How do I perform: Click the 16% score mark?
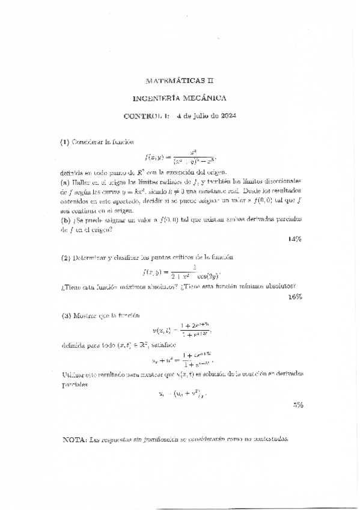pos(294,296)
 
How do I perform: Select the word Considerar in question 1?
pos(88,143)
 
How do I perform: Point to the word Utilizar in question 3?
pos(74,373)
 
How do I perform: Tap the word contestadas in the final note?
pos(270,438)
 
